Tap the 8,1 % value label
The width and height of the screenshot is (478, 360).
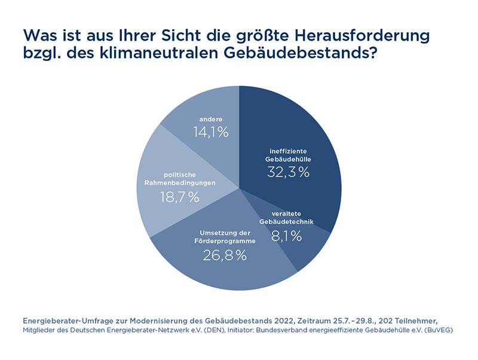[x=287, y=236]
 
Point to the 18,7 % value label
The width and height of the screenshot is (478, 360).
[x=180, y=197]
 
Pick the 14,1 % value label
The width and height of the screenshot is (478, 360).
[x=211, y=133]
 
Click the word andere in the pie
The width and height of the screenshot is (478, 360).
[x=211, y=119]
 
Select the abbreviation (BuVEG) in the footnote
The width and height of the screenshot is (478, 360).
[x=436, y=330]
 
